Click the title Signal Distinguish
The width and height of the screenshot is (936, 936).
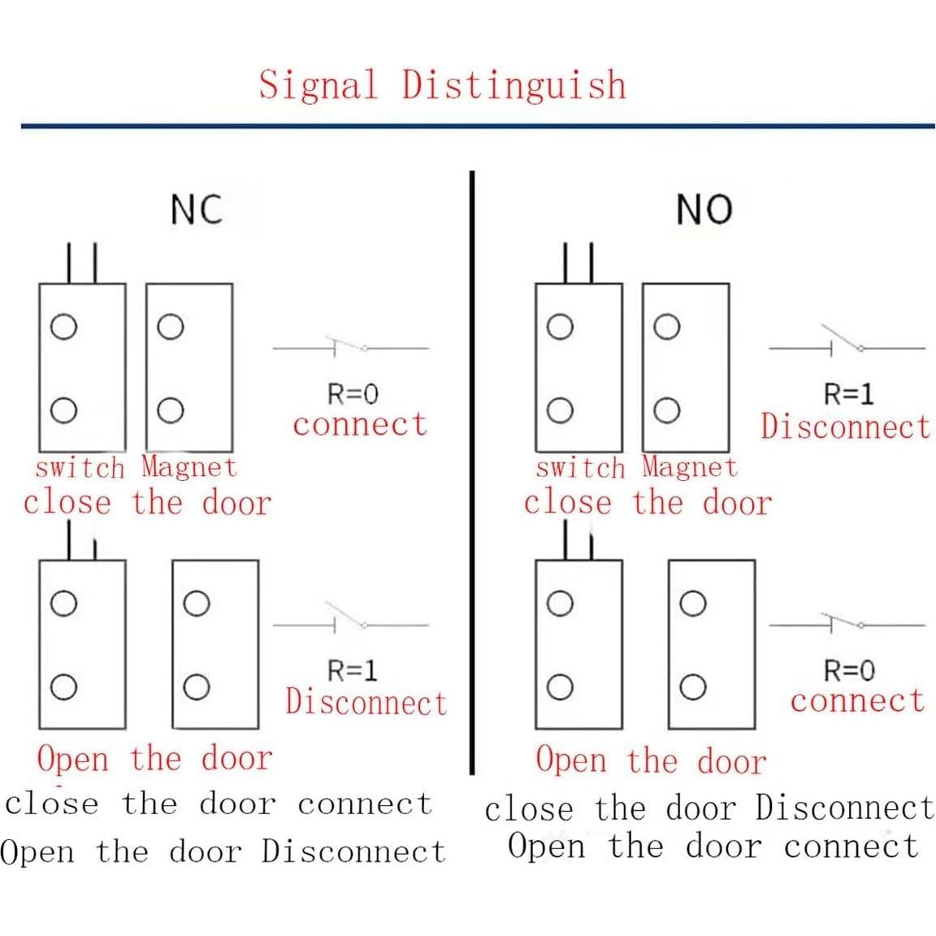[443, 84]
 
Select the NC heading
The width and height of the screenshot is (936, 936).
[196, 210]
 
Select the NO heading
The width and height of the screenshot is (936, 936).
[704, 210]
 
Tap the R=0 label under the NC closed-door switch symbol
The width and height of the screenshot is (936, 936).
[353, 395]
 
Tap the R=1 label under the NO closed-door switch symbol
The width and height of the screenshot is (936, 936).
[849, 395]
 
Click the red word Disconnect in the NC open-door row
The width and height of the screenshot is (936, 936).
[366, 703]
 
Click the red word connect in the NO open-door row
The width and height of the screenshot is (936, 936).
[857, 700]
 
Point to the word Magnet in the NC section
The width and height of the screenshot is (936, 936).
[188, 467]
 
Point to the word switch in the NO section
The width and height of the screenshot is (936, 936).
[580, 468]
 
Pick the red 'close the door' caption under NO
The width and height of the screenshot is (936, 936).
[647, 503]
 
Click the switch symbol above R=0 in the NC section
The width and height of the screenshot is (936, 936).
[350, 347]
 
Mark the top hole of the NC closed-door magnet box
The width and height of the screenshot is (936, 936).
[170, 327]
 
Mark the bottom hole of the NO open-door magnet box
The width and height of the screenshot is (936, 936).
[692, 687]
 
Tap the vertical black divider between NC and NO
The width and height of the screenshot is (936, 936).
[472, 471]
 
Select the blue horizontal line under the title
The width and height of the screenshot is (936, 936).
[478, 126]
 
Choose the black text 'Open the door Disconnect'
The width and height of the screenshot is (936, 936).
[223, 851]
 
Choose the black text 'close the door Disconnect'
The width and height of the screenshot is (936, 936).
[709, 809]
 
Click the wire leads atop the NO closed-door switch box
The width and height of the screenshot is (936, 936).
[578, 262]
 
